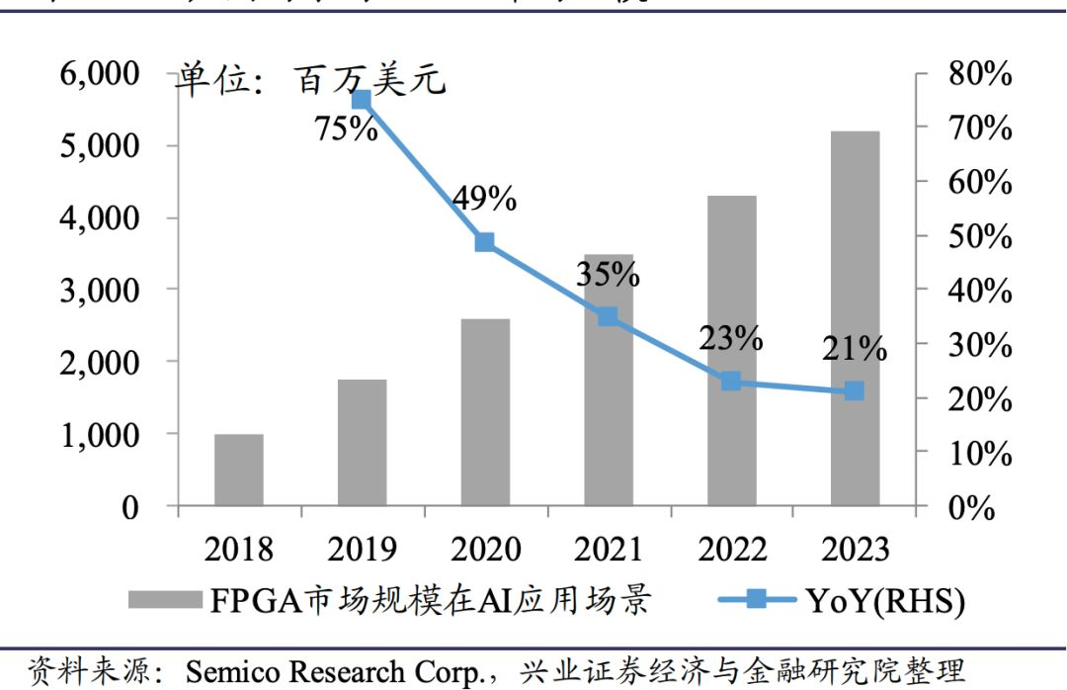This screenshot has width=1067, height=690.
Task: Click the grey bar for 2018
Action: pos(239,470)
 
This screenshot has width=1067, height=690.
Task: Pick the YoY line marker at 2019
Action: pos(362,100)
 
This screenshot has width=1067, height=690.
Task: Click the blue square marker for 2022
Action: pos(731,381)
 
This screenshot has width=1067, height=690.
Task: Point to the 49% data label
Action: pos(484,200)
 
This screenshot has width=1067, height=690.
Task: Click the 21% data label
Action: pos(854,349)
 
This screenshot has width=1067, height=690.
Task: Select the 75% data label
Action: pos(346,129)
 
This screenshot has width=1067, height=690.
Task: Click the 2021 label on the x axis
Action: pos(608,550)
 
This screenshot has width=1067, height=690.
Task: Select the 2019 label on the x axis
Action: pos(362,550)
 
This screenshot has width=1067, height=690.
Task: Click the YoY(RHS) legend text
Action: pos(885,600)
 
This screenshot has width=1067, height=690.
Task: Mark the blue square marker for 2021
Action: pos(608,316)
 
